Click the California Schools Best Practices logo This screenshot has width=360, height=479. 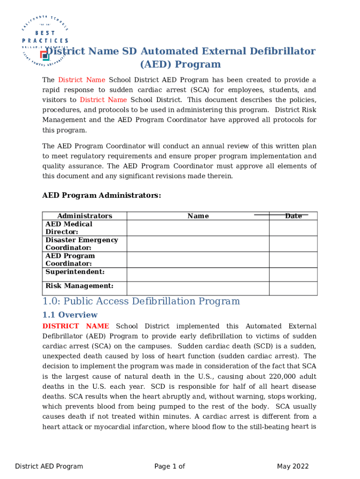point(45,41)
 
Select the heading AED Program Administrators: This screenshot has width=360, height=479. point(101,196)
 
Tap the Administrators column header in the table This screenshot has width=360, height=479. point(85,216)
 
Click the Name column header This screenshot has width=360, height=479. point(198,216)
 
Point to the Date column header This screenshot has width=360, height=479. point(293,216)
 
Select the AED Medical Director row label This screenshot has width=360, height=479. point(69,228)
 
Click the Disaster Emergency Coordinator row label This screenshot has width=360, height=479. point(81,244)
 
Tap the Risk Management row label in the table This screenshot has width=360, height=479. point(79,286)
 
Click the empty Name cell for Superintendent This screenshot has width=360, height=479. point(198,274)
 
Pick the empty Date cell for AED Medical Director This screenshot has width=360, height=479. point(293,228)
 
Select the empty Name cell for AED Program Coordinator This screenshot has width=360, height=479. point(198,260)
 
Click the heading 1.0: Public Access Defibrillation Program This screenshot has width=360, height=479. point(141,301)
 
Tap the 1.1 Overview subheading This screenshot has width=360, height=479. point(70,315)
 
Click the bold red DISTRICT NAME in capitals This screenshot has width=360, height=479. point(76,326)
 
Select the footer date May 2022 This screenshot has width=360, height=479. point(293,466)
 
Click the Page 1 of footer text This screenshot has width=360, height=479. point(170,466)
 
